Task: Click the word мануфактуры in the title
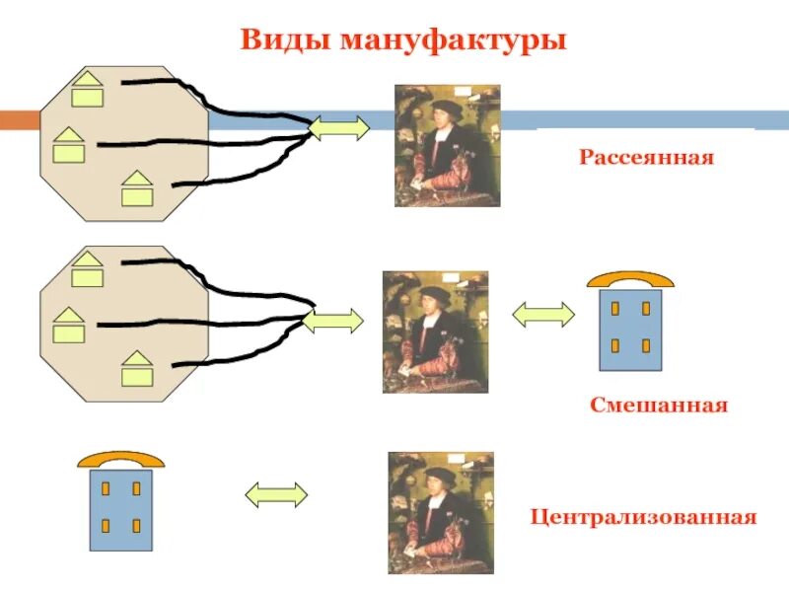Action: point(455,41)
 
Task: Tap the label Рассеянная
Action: point(645,158)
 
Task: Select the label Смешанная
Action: point(659,406)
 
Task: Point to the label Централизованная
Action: point(643,517)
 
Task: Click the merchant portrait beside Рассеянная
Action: point(448,145)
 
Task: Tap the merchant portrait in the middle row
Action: point(435,332)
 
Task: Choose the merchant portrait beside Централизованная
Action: point(440,512)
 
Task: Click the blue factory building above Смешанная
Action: point(630,329)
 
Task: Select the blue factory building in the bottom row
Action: point(120,509)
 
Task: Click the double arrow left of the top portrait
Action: point(339,128)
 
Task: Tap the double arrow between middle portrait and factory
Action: point(543,315)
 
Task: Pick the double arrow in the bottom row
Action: point(276,494)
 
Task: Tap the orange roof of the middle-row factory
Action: point(630,279)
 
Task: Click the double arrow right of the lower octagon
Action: point(333,321)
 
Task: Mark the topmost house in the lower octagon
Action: point(88,269)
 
